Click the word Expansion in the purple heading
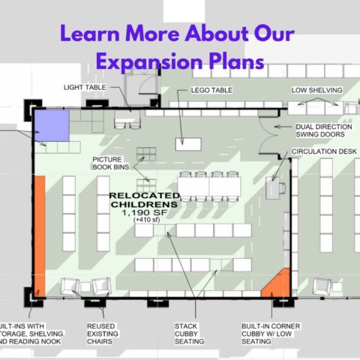click(x=150, y=61)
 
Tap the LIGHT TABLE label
click(x=85, y=88)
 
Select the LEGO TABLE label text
click(x=211, y=90)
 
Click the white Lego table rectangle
click(x=188, y=144)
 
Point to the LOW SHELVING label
click(x=317, y=90)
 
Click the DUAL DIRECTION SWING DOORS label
click(x=324, y=130)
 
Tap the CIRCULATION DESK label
click(x=324, y=151)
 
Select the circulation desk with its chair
click(x=276, y=187)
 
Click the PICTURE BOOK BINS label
click(x=111, y=163)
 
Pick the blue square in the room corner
click(x=52, y=125)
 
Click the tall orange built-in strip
click(x=40, y=236)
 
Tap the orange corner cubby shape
click(x=278, y=285)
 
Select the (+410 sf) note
click(x=147, y=220)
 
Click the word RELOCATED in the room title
click(x=145, y=196)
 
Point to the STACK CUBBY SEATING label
click(x=189, y=334)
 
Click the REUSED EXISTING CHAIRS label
click(x=103, y=334)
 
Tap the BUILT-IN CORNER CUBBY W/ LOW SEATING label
click(x=271, y=334)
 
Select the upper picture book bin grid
click(x=146, y=154)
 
